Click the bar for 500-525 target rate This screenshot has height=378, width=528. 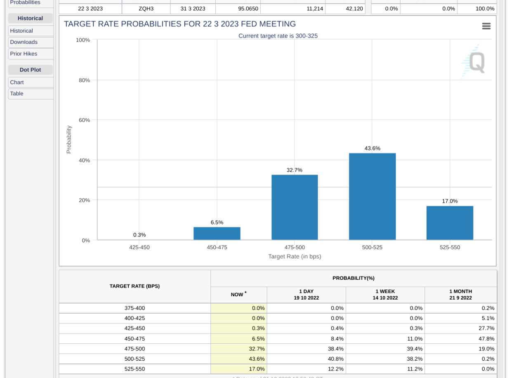tap(372, 196)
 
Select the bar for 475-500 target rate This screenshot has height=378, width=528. tap(295, 207)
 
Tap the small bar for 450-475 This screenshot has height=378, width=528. tap(217, 234)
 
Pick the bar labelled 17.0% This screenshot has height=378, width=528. tap(450, 223)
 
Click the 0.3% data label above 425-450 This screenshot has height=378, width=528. tap(139, 235)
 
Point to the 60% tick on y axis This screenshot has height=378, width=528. tap(85, 120)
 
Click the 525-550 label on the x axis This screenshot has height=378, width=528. tap(450, 248)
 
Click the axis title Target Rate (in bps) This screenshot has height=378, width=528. tap(295, 257)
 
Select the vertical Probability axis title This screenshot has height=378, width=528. tap(69, 139)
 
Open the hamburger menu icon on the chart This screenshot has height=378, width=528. tap(486, 26)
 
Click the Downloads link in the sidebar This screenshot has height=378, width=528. tap(24, 42)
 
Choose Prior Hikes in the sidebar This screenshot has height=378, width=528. tap(24, 54)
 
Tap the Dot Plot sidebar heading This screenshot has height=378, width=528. tap(30, 70)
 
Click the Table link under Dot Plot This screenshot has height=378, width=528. tap(17, 94)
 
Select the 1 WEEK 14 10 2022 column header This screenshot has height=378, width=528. tap(385, 295)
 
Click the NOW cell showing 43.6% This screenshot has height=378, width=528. tap(239, 359)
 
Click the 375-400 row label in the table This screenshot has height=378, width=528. tap(134, 308)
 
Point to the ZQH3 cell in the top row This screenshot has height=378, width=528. tap(146, 9)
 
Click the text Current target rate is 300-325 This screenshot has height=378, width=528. tap(278, 36)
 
